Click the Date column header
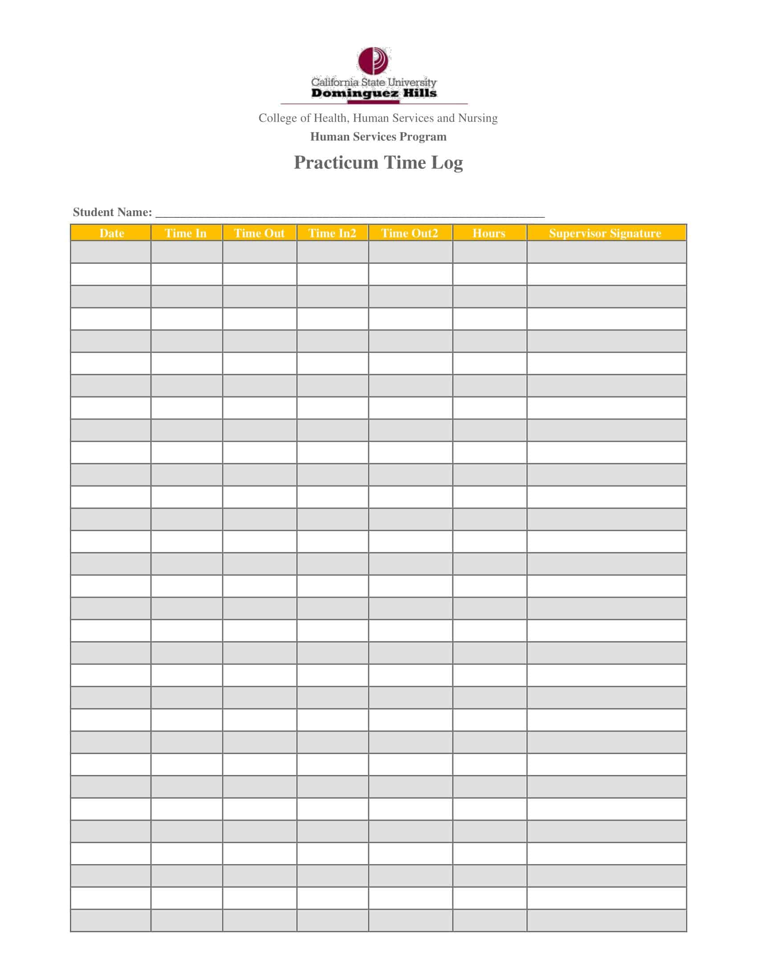coord(111,233)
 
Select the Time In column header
coord(186,233)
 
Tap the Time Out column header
coord(259,233)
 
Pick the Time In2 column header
coord(332,233)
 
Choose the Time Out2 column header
coord(409,233)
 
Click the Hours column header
coord(489,233)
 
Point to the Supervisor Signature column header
coord(605,233)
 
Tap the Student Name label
coord(112,212)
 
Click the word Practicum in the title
coord(336,163)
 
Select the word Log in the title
coord(447,163)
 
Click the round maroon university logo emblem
coord(373,61)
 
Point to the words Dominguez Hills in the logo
coord(374,94)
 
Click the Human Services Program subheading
coord(378,136)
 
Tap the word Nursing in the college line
coord(478,118)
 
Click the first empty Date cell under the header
coord(110,252)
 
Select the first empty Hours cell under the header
coord(489,252)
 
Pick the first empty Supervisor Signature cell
coord(606,252)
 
